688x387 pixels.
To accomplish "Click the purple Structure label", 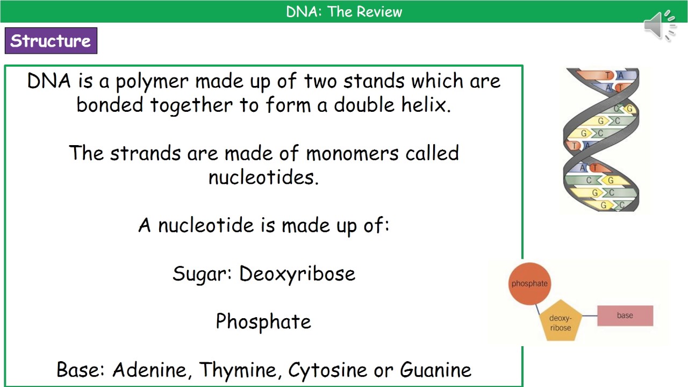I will coord(51,41).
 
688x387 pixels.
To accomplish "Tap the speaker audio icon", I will coord(660,25).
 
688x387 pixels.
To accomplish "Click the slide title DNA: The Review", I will coord(344,12).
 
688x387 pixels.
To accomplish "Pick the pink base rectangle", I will coord(625,316).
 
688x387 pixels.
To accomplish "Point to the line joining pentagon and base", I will coord(590,316).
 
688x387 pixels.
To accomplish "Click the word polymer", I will coord(152,82).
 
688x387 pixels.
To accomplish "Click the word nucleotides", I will coord(263,177).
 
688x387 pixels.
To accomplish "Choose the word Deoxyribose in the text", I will coord(297,274).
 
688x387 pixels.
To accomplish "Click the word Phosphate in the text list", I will coord(263,321).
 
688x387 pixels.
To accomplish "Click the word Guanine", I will coord(435,370).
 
